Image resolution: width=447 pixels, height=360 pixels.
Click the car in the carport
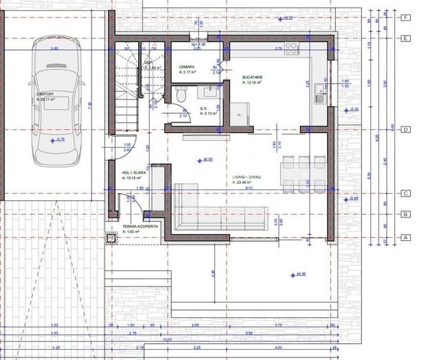[57, 106]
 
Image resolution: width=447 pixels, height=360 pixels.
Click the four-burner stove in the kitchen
[292, 47]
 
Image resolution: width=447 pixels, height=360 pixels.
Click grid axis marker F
[405, 18]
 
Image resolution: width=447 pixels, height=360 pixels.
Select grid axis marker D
[405, 129]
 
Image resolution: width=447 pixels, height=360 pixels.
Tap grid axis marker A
[405, 237]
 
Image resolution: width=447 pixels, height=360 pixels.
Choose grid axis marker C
[405, 193]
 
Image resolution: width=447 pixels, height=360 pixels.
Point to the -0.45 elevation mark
[352, 198]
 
